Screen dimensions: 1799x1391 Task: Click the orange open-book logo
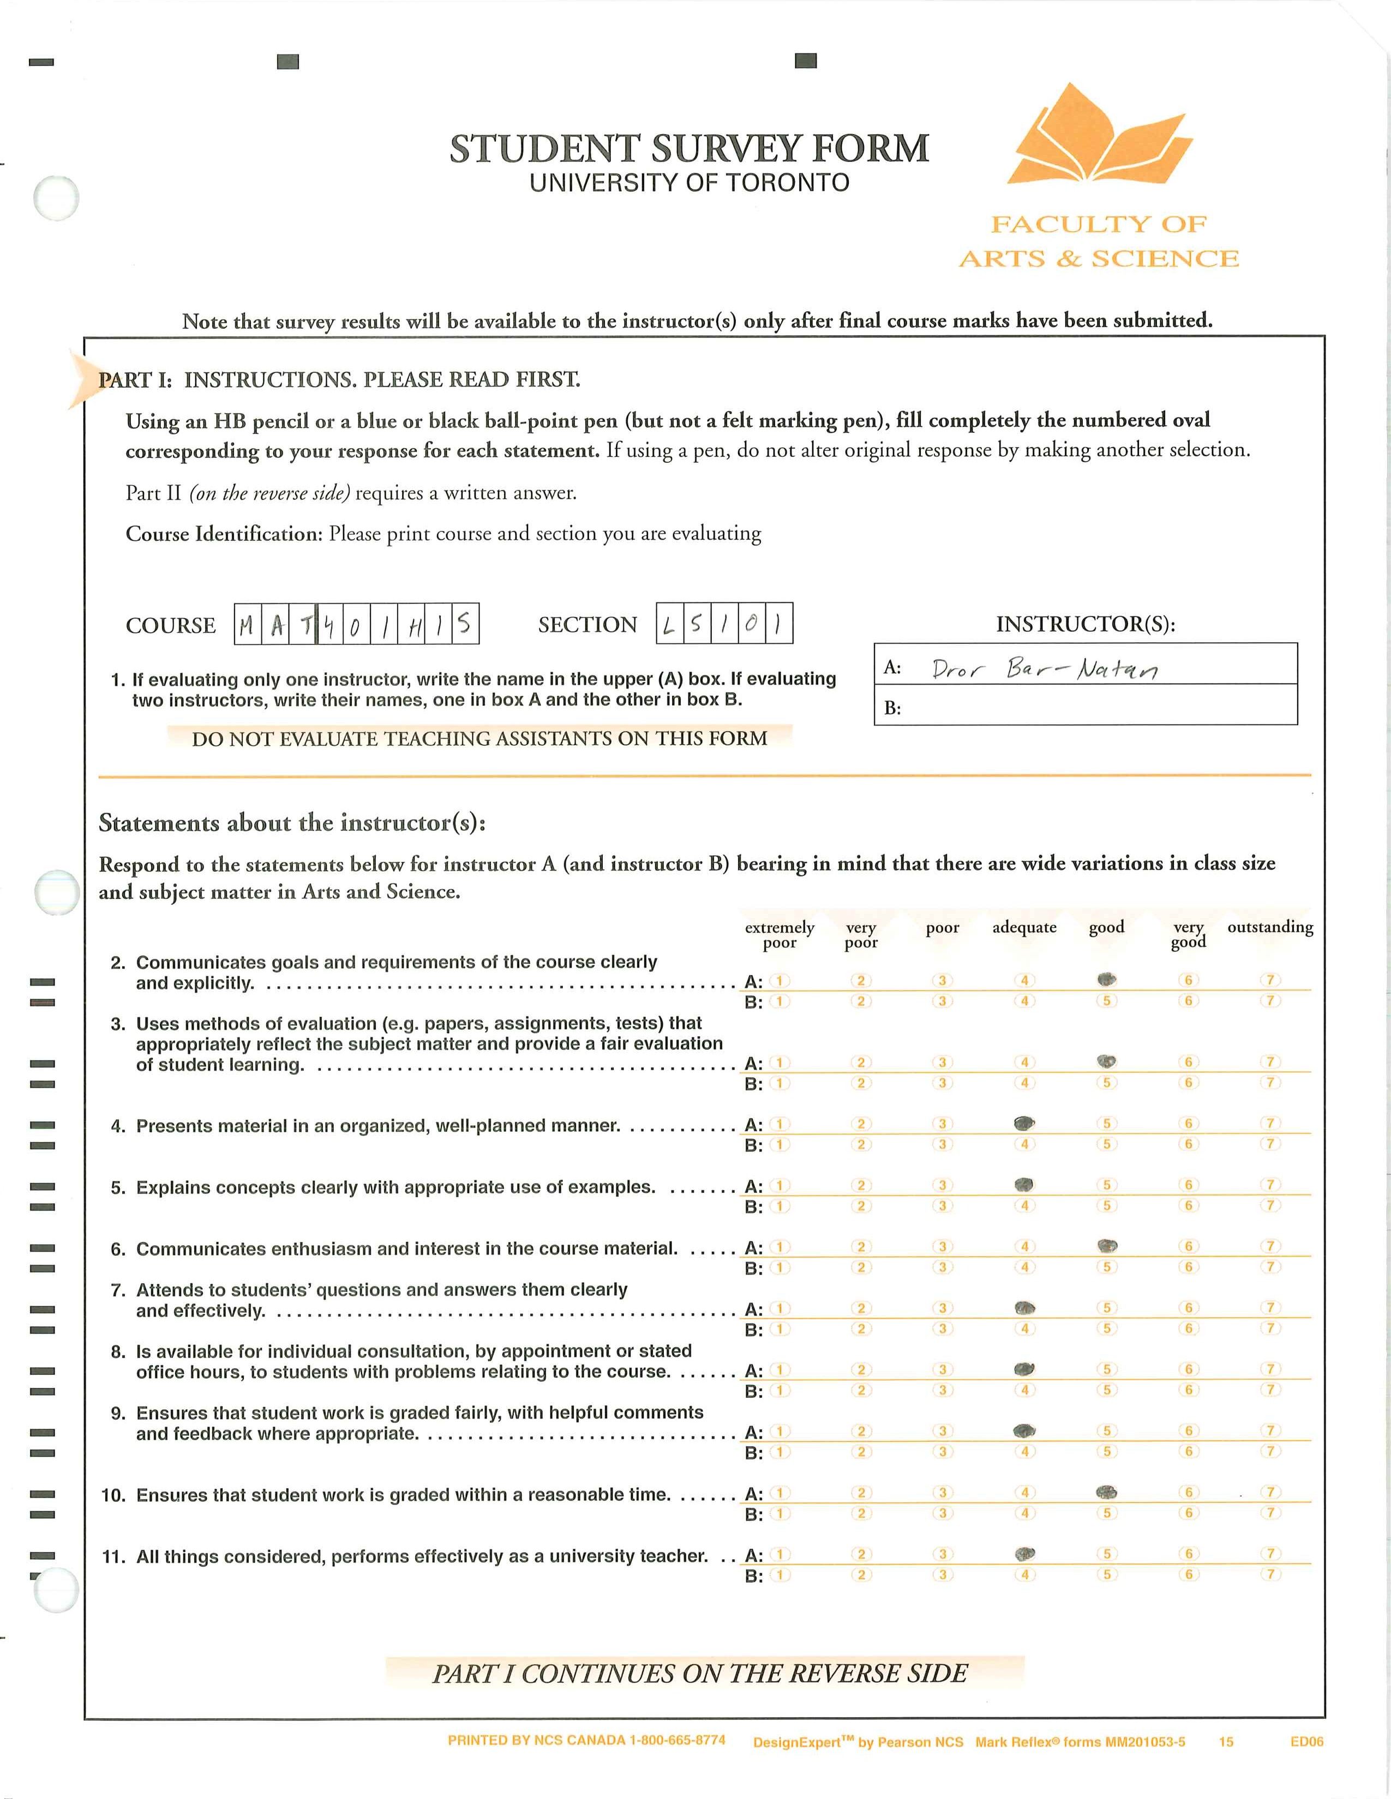1101,136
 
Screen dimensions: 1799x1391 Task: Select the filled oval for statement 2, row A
1107,980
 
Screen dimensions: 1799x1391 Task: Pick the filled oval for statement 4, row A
1024,1122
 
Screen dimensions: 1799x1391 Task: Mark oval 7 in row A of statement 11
1270,1554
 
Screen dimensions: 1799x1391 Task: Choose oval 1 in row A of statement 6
780,1246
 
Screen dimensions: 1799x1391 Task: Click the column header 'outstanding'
1270,927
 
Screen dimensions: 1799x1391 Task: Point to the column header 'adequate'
1024,927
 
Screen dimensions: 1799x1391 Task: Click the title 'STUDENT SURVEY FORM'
689,149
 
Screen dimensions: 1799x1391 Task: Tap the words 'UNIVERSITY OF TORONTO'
689,183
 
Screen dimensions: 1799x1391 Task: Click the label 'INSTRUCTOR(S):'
1086,624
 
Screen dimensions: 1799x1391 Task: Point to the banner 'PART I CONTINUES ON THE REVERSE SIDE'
700,1674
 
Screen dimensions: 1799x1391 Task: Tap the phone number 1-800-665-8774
677,1741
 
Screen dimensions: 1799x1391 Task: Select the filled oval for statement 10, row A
1107,1492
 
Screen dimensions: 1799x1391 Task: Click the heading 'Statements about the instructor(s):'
292,823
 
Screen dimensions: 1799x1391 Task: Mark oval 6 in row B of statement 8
1188,1390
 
